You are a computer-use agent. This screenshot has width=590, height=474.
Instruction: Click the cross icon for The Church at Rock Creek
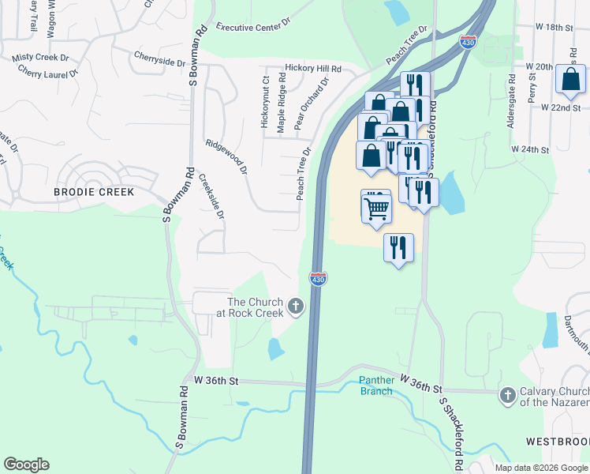click(296, 306)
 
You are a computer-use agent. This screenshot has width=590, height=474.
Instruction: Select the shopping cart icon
click(377, 208)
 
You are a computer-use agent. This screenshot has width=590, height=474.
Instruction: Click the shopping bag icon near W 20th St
click(570, 80)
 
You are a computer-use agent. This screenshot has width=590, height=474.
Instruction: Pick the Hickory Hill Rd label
click(313, 70)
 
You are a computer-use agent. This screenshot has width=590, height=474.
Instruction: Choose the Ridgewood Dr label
click(226, 157)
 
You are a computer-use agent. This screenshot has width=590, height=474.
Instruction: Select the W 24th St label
click(529, 149)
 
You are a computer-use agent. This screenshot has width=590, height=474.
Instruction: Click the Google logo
click(26, 465)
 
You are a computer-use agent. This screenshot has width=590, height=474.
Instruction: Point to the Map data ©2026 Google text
click(540, 468)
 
